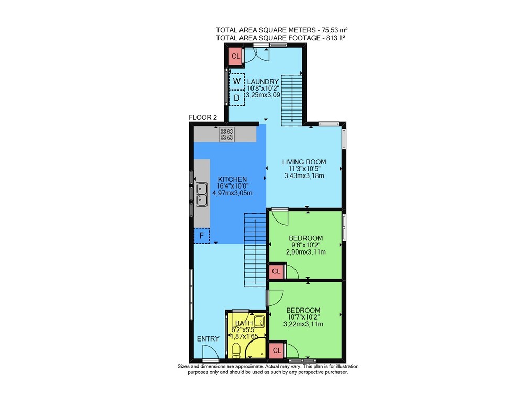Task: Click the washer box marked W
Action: (237, 81)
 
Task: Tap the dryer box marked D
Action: (237, 98)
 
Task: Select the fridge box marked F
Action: (202, 236)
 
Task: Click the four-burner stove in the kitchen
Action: (226, 134)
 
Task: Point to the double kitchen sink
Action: (201, 194)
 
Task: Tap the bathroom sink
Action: (259, 322)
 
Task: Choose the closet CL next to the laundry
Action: (236, 56)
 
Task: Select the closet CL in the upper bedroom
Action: (276, 271)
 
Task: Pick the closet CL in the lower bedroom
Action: (276, 350)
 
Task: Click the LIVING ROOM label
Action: (304, 162)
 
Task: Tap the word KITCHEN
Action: (232, 180)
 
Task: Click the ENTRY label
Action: (208, 339)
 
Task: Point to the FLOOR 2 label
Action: (203, 118)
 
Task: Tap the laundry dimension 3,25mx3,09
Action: (263, 95)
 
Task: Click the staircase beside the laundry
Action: (291, 100)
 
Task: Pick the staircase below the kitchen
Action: (255, 250)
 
